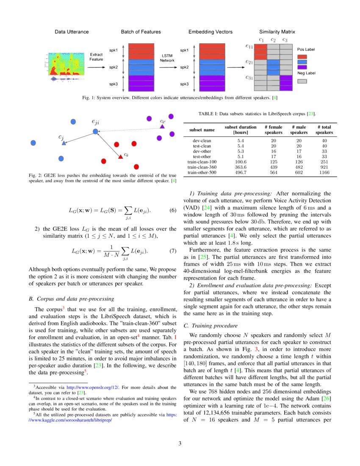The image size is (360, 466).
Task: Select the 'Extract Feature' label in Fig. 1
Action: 96,57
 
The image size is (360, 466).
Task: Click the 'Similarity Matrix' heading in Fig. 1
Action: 277,32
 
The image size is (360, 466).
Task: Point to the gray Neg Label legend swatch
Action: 302,81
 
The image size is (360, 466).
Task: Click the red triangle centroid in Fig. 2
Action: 120,157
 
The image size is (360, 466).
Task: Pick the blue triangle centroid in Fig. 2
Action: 64,144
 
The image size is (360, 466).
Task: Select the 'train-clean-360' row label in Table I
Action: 202,167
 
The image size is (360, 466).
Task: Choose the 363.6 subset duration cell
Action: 241,167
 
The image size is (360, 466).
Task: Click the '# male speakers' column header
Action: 299,130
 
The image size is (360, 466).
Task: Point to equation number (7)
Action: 172,251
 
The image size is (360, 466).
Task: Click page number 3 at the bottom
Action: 180,444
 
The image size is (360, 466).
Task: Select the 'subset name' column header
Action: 202,130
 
